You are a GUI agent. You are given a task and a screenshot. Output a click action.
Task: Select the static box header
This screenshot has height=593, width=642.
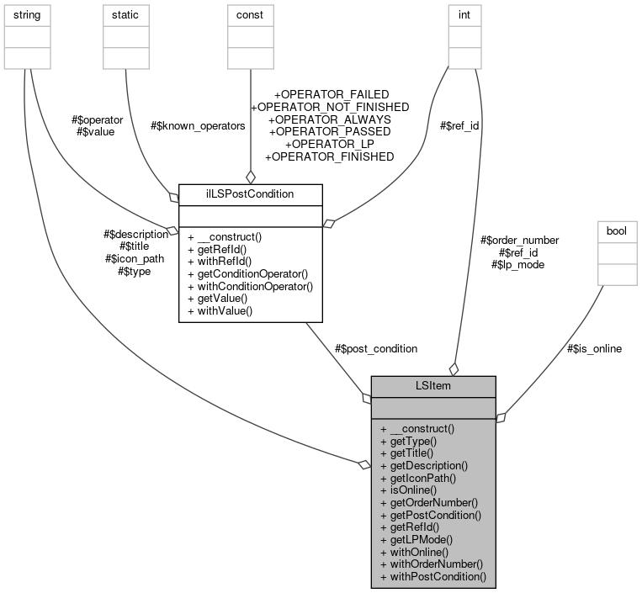click(x=125, y=15)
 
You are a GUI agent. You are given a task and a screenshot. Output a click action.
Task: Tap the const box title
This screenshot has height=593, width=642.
click(x=249, y=15)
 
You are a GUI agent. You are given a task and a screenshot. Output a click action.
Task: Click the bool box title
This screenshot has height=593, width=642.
click(x=617, y=230)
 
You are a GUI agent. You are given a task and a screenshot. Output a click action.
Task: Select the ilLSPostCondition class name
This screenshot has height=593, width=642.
click(x=250, y=193)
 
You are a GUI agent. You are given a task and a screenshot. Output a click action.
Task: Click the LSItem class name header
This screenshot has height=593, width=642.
click(x=433, y=386)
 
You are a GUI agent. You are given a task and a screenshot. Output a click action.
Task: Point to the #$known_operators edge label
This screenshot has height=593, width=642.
click(x=198, y=125)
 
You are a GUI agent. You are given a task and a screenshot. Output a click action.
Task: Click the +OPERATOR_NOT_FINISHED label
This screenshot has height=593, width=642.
click(x=330, y=107)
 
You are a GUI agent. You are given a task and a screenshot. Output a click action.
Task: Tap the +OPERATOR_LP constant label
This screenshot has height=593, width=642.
click(x=330, y=144)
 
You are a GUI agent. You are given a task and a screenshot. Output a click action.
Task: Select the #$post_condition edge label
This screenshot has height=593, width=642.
click(x=375, y=347)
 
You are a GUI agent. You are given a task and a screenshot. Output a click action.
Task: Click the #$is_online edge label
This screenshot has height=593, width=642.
click(x=594, y=348)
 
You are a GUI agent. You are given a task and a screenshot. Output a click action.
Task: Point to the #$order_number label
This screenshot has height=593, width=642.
click(x=519, y=240)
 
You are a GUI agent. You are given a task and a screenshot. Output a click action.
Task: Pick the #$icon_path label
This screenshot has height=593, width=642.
click(x=134, y=259)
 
